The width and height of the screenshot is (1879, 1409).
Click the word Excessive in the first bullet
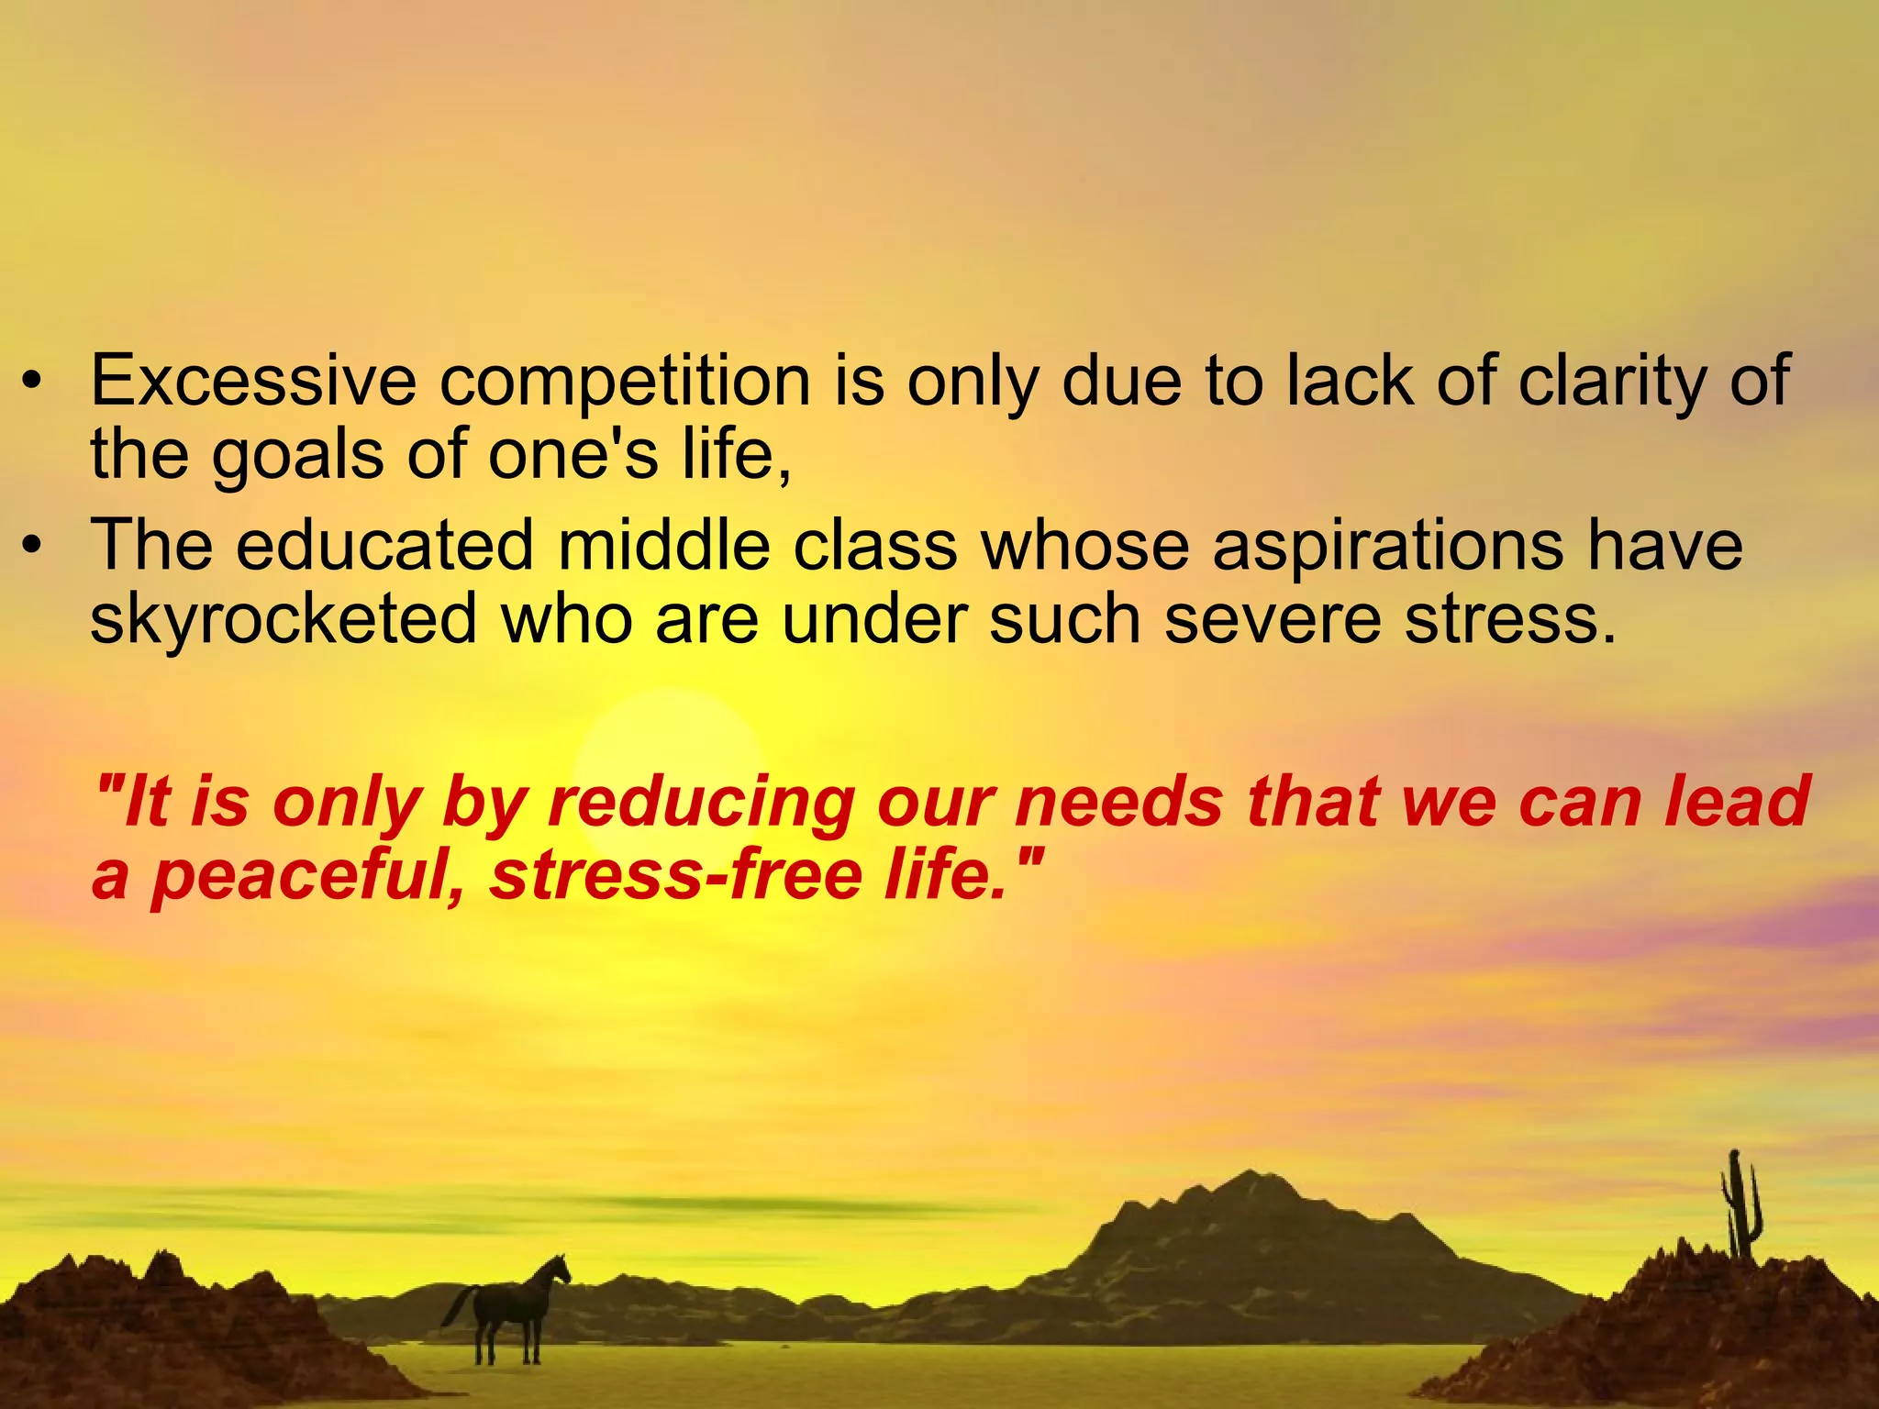(x=253, y=381)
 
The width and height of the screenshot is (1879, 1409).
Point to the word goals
(x=297, y=457)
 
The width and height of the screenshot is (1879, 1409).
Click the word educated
(x=384, y=546)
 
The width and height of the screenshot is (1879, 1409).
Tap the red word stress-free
(x=676, y=874)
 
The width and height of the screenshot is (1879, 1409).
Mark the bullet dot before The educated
(x=33, y=547)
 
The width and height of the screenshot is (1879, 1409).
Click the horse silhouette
(x=510, y=1307)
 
